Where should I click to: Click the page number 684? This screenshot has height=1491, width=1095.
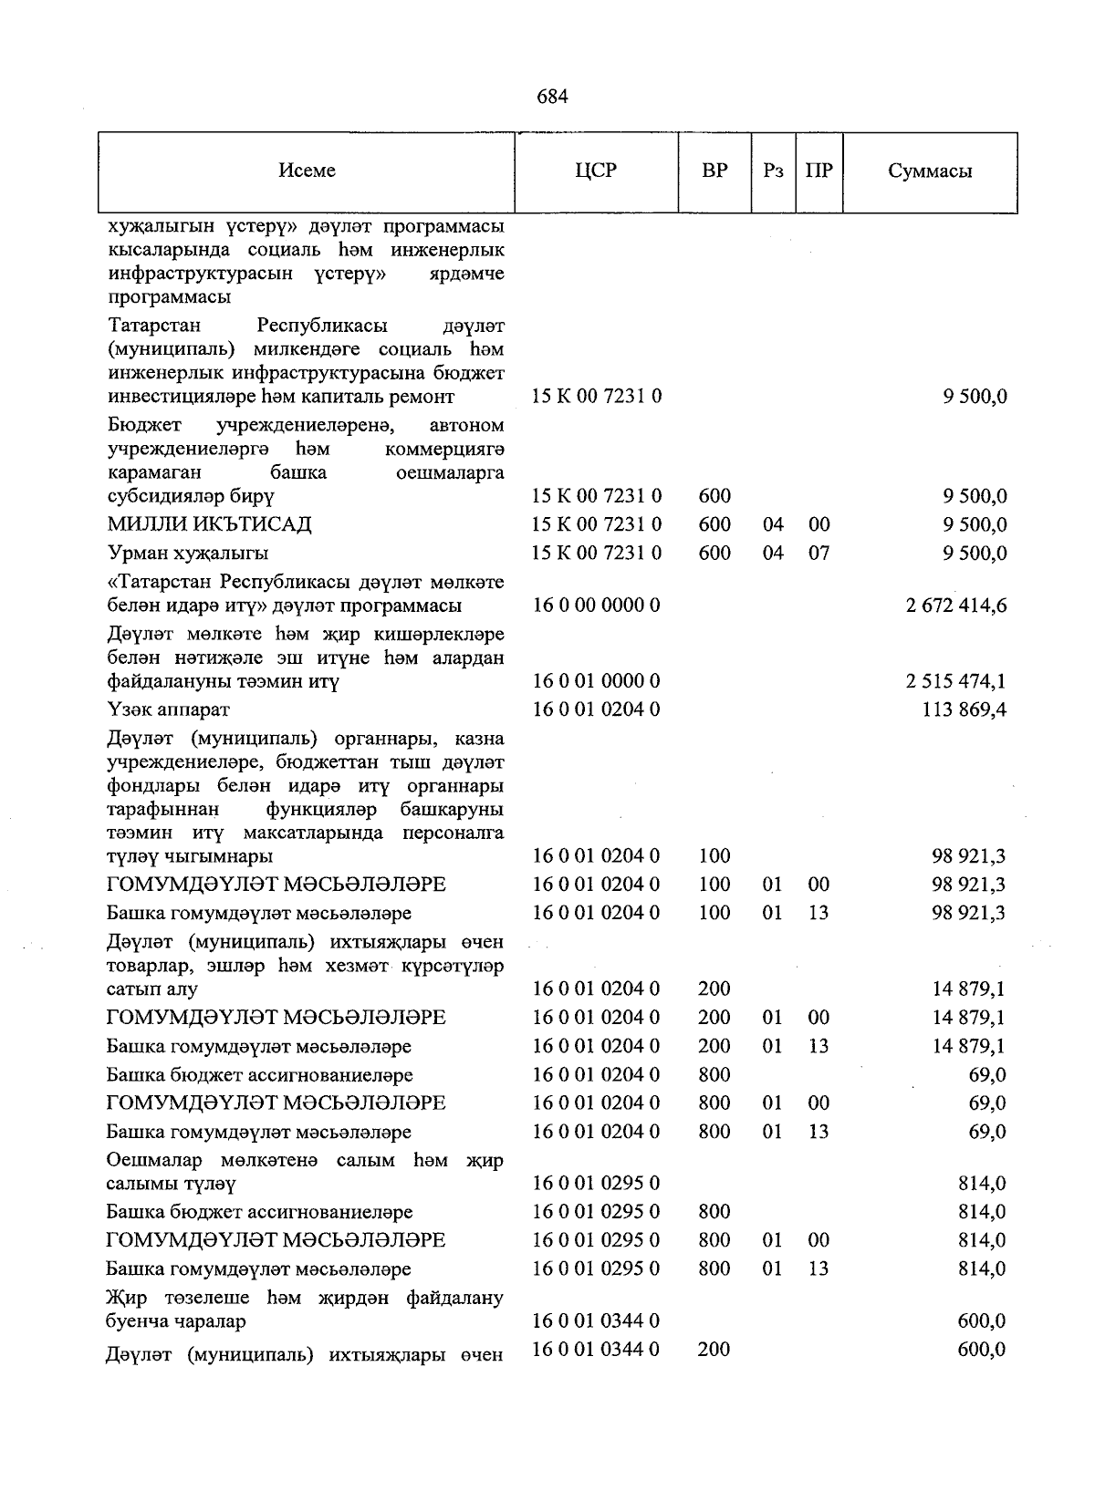[553, 97]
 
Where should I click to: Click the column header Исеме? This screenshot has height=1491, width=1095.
[308, 171]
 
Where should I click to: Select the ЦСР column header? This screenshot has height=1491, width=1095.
[597, 171]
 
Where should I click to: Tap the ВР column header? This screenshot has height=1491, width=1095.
[714, 171]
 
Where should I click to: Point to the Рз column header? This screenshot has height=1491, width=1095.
[773, 171]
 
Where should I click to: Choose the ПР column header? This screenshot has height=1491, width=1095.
[819, 171]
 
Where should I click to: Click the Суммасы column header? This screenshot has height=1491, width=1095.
[930, 171]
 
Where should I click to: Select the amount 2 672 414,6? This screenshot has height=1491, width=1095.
[956, 606]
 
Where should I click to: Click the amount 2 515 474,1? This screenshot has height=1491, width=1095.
[956, 681]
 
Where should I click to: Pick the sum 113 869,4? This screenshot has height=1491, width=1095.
[965, 709]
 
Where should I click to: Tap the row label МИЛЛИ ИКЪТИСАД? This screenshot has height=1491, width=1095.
[209, 524]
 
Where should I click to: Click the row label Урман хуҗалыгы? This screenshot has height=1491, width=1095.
[188, 554]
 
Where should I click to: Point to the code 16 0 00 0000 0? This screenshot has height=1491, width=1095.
[597, 606]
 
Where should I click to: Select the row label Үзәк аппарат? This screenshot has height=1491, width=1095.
[168, 709]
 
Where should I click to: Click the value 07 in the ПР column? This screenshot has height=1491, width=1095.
[819, 554]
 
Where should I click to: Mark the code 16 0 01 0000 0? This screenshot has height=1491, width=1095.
[597, 681]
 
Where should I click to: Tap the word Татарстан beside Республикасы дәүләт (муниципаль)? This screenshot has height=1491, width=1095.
[154, 326]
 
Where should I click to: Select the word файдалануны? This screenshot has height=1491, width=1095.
[162, 681]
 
